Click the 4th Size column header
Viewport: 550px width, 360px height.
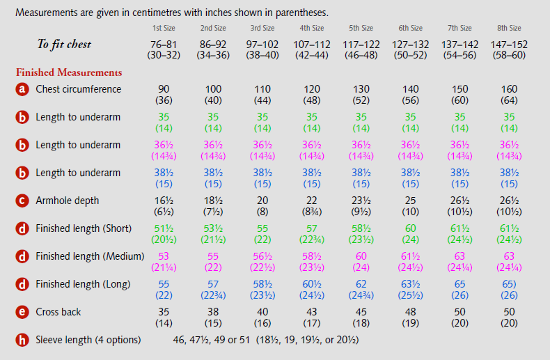312,29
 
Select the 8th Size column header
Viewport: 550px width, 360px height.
510,29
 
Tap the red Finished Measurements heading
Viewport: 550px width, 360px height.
69,72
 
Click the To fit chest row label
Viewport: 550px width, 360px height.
64,45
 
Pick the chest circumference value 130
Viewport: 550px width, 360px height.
361,90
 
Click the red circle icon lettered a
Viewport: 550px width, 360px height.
22,90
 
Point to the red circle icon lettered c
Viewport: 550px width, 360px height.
22,201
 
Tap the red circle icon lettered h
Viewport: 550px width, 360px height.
22,341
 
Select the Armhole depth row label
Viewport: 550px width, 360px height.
68,201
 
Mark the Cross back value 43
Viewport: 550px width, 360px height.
312,313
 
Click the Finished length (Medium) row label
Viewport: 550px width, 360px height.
90,256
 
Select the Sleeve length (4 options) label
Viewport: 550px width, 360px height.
88,340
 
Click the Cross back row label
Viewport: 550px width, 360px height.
58,312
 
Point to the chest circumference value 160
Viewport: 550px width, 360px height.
510,90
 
